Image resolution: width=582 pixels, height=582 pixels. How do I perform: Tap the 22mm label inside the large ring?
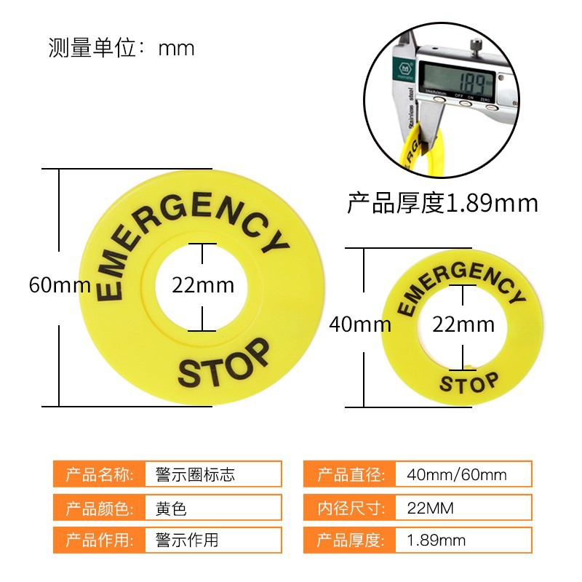point(203,284)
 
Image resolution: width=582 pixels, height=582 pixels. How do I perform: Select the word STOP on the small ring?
point(470,382)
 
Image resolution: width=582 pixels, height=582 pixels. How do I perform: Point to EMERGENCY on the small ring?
point(460,287)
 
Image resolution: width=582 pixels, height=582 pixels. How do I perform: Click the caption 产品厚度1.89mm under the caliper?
point(442,203)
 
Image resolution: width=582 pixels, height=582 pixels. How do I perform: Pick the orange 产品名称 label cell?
point(99,475)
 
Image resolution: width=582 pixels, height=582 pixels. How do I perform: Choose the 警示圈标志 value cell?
point(213,475)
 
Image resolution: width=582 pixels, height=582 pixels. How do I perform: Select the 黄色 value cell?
point(213,507)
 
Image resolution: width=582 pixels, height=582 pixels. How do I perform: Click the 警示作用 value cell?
point(213,540)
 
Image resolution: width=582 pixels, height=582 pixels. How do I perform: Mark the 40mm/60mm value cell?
point(463,475)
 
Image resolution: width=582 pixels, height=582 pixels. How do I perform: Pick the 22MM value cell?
point(463,507)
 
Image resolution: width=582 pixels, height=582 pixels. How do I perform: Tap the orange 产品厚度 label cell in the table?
point(349,540)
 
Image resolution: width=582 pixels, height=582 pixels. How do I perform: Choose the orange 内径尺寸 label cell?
point(349,507)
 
